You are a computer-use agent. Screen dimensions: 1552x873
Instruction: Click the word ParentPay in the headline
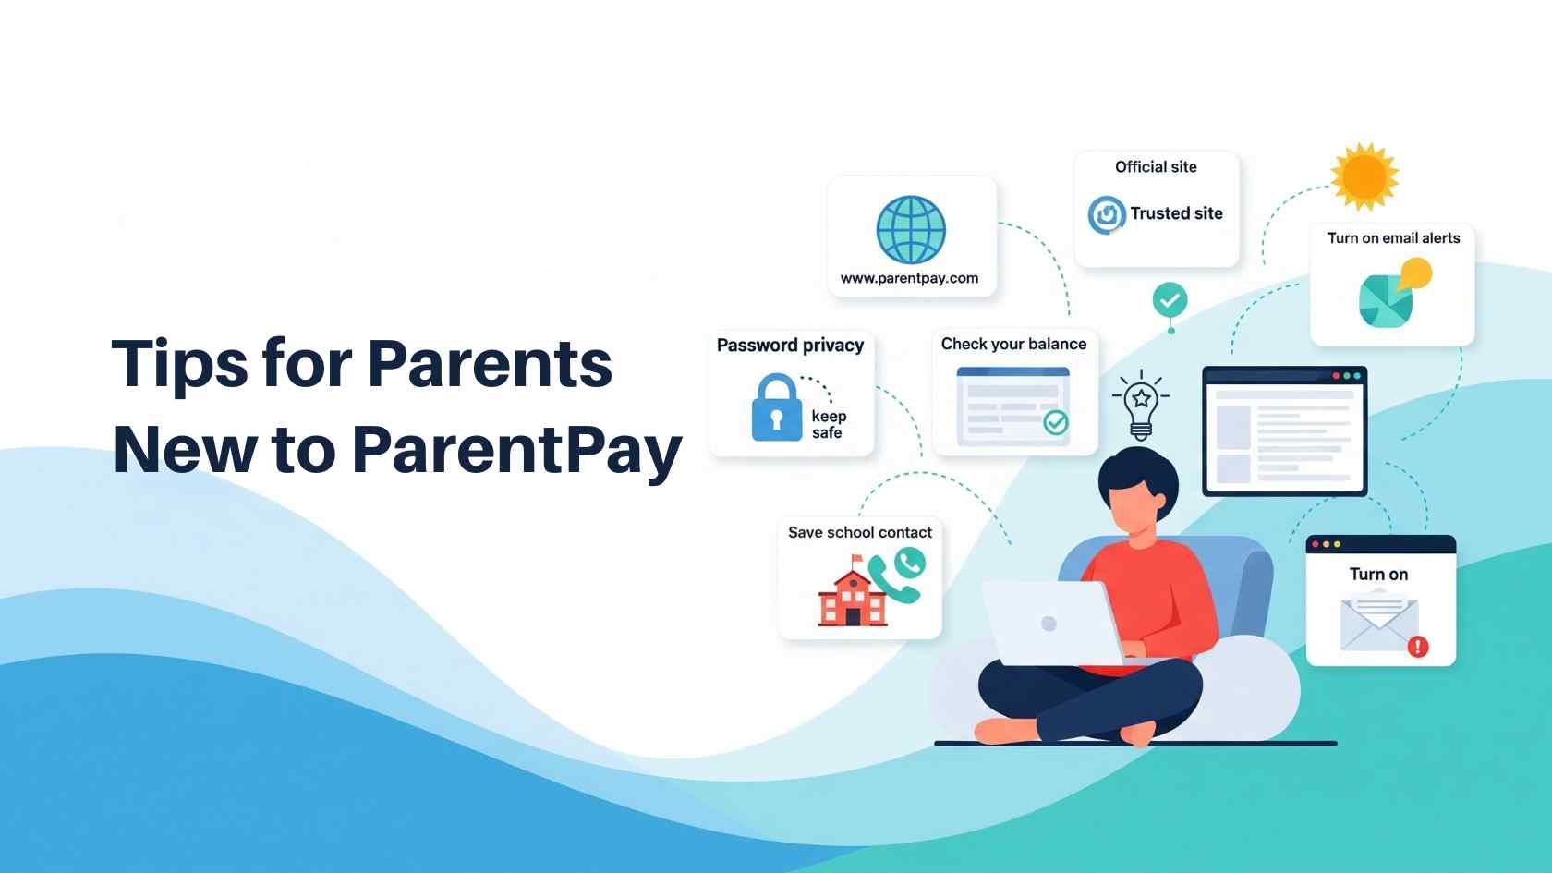(517, 451)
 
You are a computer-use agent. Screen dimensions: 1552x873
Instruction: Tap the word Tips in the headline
(179, 365)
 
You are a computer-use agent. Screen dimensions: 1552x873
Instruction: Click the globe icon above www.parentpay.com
(911, 229)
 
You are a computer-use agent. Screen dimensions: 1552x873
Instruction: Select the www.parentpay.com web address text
(909, 279)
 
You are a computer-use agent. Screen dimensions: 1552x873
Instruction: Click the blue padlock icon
(777, 407)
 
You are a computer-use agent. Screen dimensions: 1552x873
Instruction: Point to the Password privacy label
(790, 346)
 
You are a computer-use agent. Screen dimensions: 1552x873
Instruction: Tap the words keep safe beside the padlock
(828, 424)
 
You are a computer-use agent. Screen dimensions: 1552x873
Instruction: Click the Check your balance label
(1012, 344)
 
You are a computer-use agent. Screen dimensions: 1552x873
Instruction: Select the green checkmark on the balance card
(1056, 422)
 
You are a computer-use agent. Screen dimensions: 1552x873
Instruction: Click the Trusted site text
(1176, 213)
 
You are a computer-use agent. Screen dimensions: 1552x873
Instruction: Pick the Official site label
(1155, 167)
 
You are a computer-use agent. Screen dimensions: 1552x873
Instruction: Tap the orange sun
(1364, 176)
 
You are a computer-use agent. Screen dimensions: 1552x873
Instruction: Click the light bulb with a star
(1141, 406)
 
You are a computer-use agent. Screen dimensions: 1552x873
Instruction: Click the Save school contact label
(859, 532)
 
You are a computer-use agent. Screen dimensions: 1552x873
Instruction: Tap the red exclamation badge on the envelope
(1417, 647)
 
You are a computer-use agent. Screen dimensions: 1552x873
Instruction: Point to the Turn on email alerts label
(1393, 238)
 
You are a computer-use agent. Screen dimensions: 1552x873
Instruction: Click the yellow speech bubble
(1415, 273)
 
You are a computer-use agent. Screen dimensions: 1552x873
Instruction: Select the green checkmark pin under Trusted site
(1170, 302)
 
